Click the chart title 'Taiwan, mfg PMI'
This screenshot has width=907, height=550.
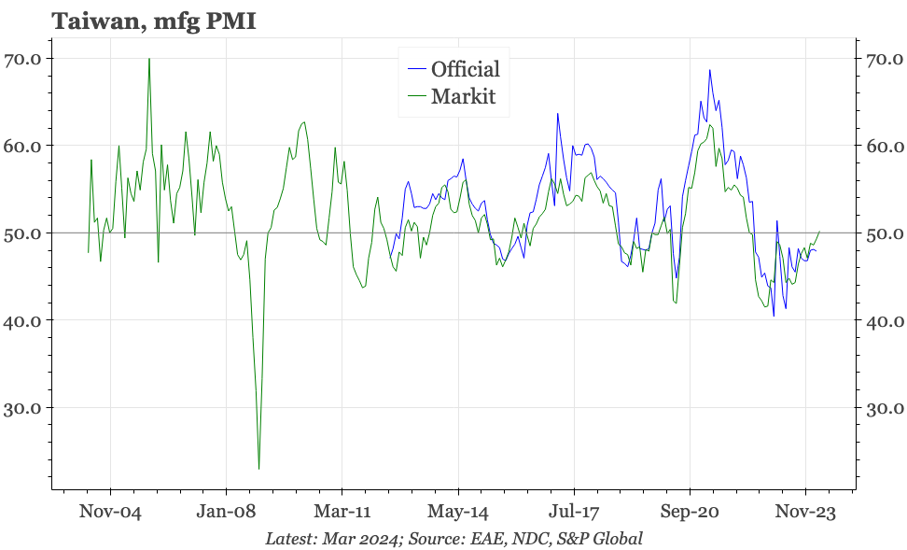[x=154, y=21]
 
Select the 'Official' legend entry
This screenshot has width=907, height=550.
[x=465, y=69]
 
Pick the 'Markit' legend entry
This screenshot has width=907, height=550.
[x=462, y=96]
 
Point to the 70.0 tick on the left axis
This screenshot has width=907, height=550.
[x=22, y=59]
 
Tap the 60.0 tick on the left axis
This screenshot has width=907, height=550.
[x=22, y=146]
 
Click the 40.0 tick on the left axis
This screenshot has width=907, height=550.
[x=22, y=320]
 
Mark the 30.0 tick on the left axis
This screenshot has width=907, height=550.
[x=22, y=408]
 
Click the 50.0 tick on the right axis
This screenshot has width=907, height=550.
[x=883, y=233]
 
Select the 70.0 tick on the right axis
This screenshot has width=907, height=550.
[x=883, y=59]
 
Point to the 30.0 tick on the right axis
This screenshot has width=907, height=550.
[x=883, y=408]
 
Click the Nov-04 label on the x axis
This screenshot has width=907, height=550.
[x=110, y=513]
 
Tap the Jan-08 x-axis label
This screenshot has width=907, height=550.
[x=227, y=513]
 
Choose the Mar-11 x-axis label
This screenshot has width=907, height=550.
[x=342, y=513]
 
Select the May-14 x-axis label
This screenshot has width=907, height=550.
[x=458, y=513]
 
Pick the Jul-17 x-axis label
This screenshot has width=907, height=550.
[x=574, y=513]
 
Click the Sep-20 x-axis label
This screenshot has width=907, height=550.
[x=690, y=513]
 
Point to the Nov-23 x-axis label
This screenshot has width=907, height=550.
[x=805, y=513]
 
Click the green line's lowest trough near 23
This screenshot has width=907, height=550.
[x=258, y=468]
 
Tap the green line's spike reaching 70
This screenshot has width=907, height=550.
[x=149, y=59]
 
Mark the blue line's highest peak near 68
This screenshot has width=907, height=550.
[x=710, y=70]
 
